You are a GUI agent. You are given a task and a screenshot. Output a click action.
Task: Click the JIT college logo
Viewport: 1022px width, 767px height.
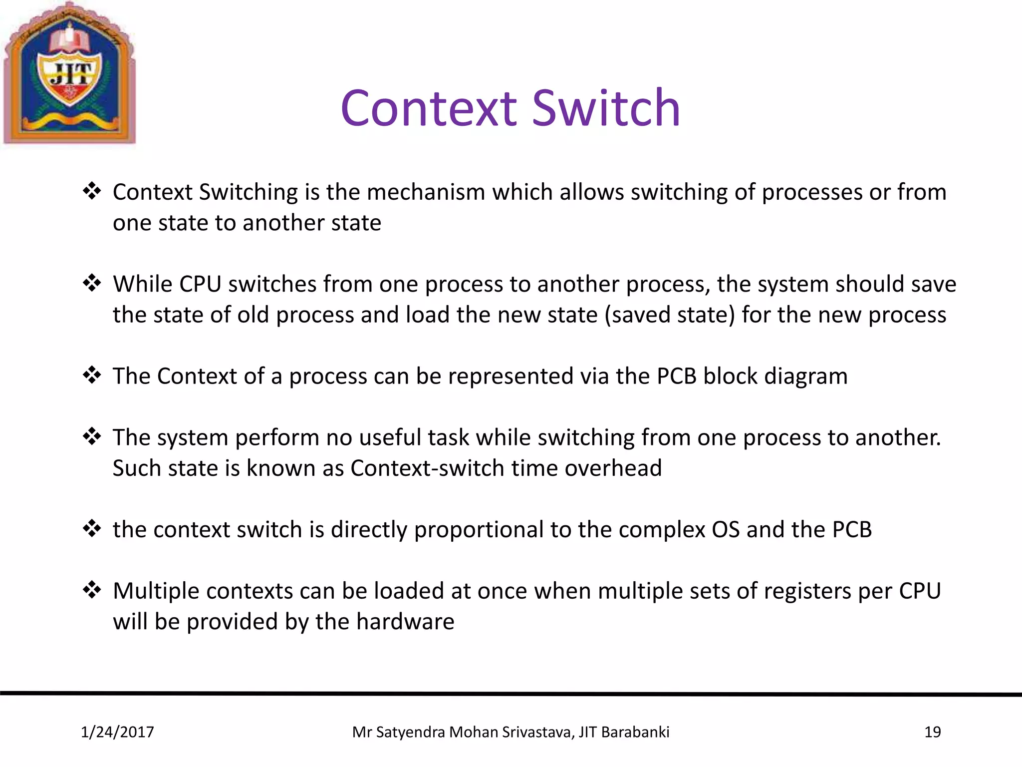tap(69, 74)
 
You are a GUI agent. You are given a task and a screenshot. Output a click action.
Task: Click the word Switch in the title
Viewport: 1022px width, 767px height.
tap(606, 108)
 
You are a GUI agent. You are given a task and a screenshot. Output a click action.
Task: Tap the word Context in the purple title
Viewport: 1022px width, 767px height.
tap(429, 108)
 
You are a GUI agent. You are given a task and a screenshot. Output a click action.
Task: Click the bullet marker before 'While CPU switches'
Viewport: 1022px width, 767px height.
tap(92, 283)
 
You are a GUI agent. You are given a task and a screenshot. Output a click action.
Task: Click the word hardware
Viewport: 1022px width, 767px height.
tap(405, 622)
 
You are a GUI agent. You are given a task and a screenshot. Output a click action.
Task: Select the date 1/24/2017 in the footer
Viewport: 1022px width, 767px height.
tap(117, 732)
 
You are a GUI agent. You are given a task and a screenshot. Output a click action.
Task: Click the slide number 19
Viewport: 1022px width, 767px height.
tap(932, 732)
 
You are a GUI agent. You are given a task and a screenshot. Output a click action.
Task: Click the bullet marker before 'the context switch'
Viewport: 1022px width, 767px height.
tap(92, 529)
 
